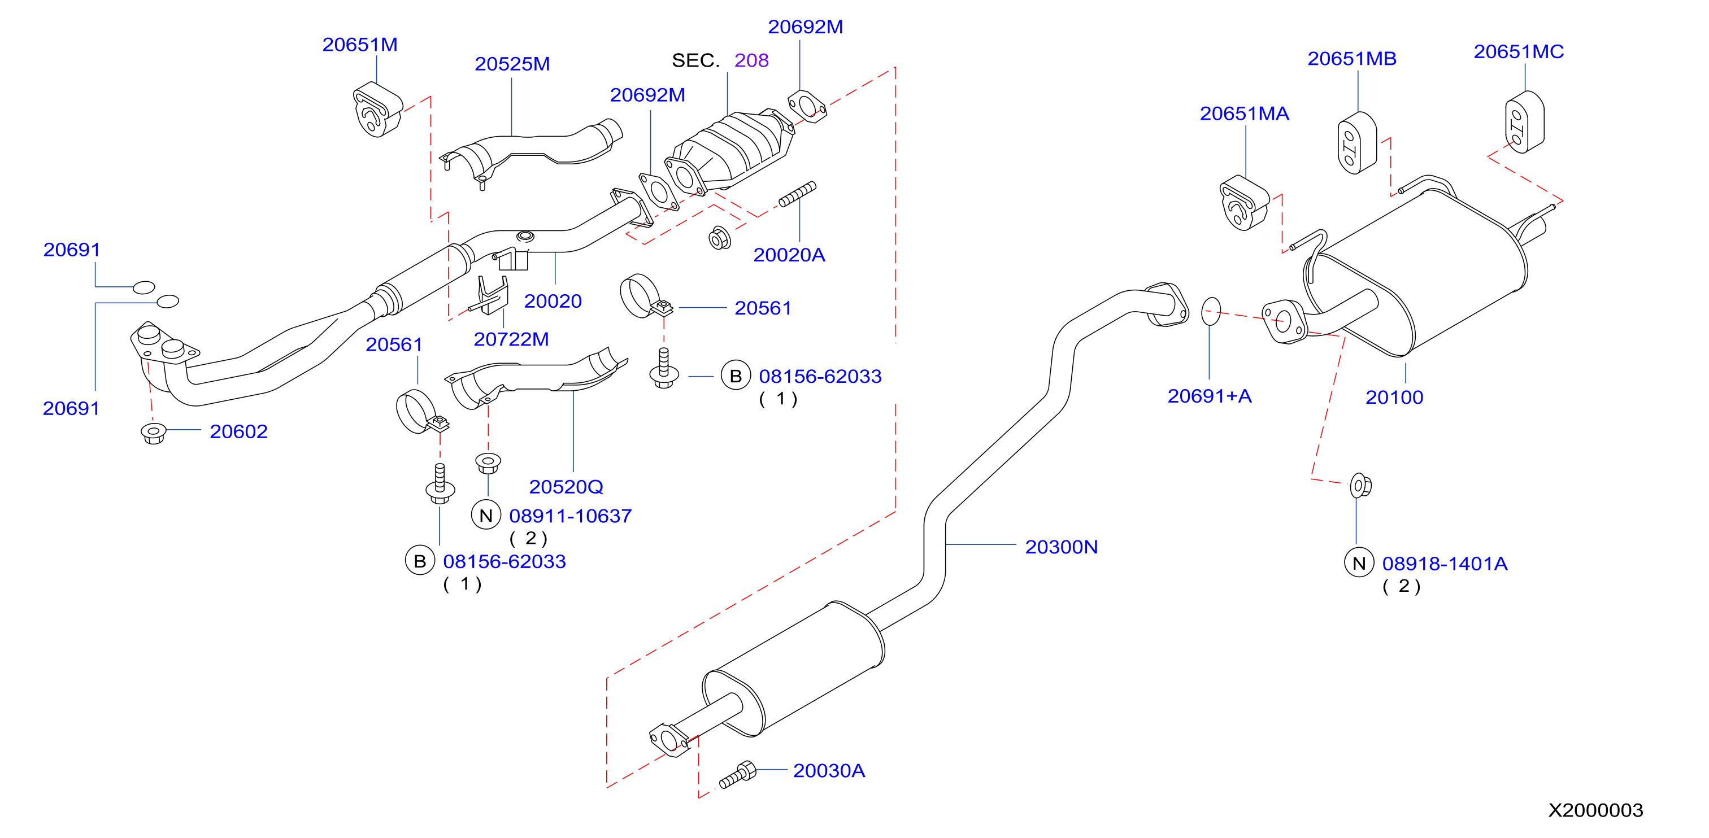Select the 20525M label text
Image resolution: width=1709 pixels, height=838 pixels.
(x=512, y=64)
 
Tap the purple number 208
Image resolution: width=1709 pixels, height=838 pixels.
(x=751, y=60)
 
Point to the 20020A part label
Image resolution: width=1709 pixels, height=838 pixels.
(x=789, y=255)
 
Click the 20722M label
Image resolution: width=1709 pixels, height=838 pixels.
(x=511, y=339)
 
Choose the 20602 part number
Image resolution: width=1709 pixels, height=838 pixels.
(x=238, y=431)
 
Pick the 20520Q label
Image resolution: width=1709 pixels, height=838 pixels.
(x=566, y=487)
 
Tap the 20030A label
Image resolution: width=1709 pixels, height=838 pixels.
(x=829, y=770)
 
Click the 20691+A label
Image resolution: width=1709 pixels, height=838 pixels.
(x=1210, y=396)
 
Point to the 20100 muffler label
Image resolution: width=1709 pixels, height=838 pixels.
(x=1394, y=397)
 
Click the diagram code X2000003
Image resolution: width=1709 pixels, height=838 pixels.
(x=1595, y=810)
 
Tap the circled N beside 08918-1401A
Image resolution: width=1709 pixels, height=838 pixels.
(x=1359, y=563)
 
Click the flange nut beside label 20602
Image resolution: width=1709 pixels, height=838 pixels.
(x=153, y=434)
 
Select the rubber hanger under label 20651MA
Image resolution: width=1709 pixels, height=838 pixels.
(x=1243, y=202)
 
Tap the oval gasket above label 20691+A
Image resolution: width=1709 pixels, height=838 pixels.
(x=1211, y=311)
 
